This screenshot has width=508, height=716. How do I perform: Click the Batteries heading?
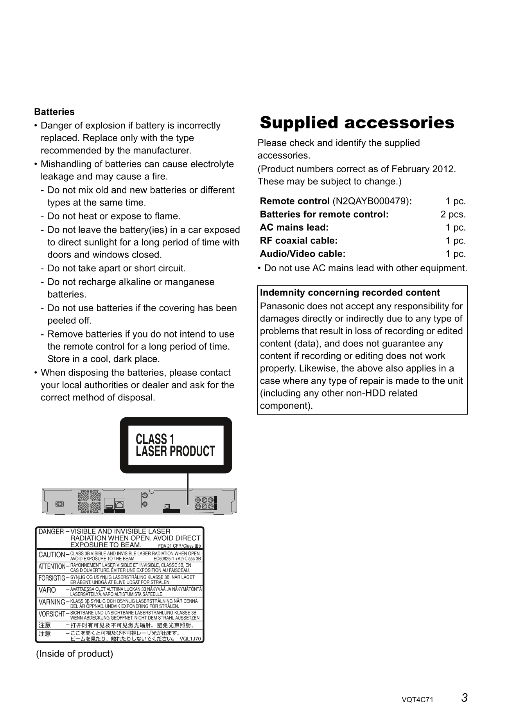pyautogui.click(x=54, y=112)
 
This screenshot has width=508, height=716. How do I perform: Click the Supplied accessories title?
pyautogui.click(x=357, y=123)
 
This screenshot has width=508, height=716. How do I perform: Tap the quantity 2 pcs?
pyautogui.click(x=453, y=215)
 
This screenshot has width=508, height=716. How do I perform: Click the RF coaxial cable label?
pyautogui.click(x=298, y=241)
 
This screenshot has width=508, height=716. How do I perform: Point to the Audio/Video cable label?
pyautogui.click(x=303, y=254)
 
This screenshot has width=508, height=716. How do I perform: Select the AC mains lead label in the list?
pyautogui.click(x=294, y=227)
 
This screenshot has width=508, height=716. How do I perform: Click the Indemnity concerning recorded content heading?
pyautogui.click(x=350, y=293)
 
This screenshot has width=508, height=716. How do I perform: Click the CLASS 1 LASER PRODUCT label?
pyautogui.click(x=175, y=445)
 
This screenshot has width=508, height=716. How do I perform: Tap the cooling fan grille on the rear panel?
pyautogui.click(x=90, y=502)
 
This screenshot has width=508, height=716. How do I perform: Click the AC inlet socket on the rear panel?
pyautogui.click(x=59, y=504)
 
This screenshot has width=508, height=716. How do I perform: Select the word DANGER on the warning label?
pyautogui.click(x=51, y=532)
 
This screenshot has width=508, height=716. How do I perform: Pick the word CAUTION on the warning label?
pyautogui.click(x=52, y=555)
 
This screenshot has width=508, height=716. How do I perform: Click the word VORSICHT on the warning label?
pyautogui.click(x=52, y=614)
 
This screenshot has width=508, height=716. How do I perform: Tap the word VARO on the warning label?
pyautogui.click(x=47, y=590)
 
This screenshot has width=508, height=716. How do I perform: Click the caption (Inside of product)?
pyautogui.click(x=74, y=654)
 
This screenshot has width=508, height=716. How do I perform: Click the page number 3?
pyautogui.click(x=464, y=698)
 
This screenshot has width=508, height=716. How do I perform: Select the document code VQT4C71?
pyautogui.click(x=417, y=700)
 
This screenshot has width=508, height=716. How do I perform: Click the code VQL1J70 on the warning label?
pyautogui.click(x=190, y=639)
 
